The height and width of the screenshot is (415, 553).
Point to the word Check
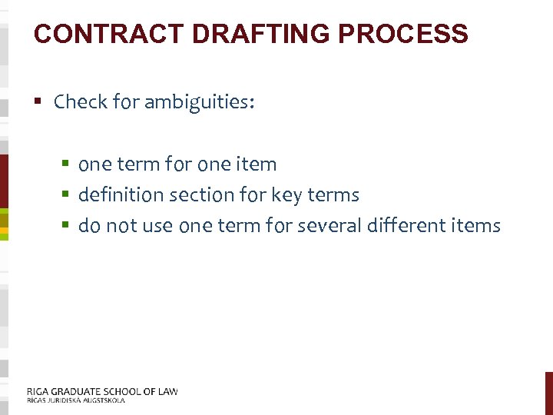coord(81,102)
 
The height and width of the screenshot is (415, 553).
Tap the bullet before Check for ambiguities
coord(38,101)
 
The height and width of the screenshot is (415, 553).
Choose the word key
coord(285,196)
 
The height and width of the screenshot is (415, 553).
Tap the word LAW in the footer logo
coord(166,391)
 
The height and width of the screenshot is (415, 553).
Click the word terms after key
coord(333,195)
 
